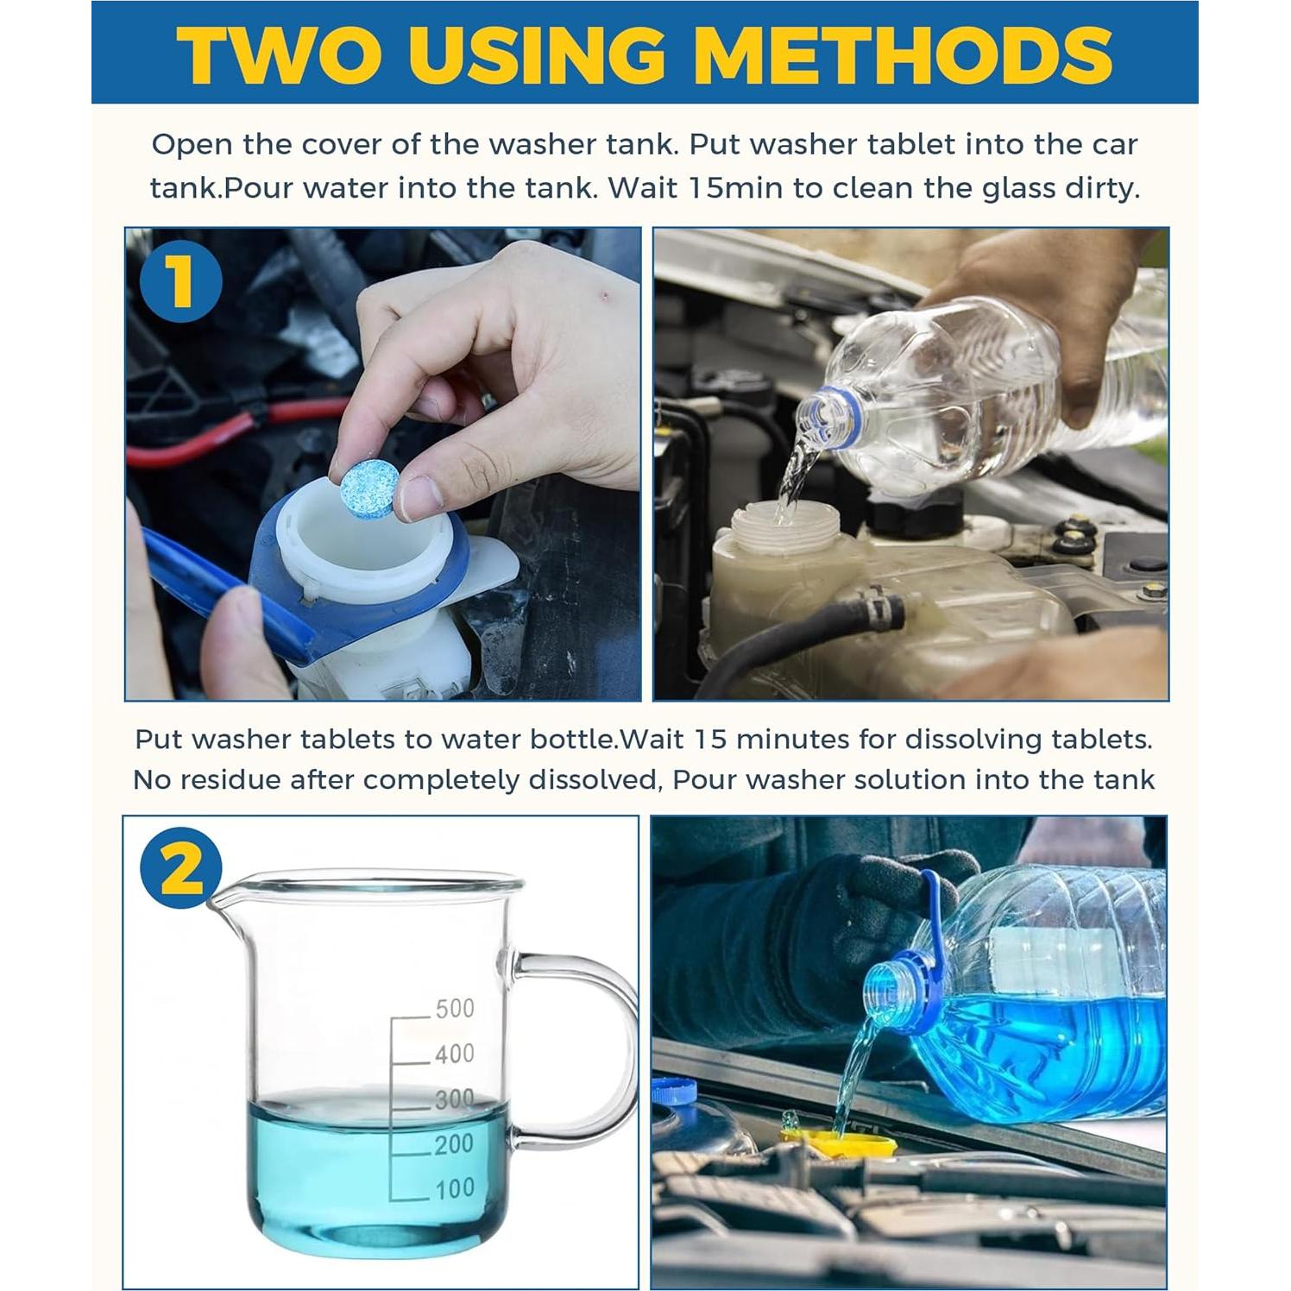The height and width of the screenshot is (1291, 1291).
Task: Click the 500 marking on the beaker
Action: pos(454,1008)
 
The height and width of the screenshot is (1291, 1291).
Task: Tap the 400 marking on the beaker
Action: pos(454,1053)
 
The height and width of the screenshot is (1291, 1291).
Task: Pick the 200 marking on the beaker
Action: pos(454,1143)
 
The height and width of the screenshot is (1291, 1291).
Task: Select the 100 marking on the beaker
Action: pos(454,1188)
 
